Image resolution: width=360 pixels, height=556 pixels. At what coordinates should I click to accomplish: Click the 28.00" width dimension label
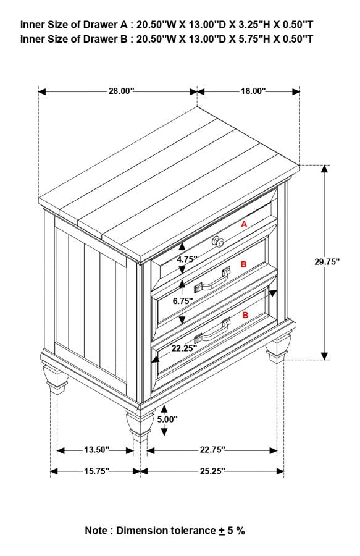click(x=121, y=91)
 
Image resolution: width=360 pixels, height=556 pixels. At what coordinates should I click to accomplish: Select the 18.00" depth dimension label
click(x=253, y=91)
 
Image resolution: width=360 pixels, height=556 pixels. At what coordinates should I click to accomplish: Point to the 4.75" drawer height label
click(x=186, y=259)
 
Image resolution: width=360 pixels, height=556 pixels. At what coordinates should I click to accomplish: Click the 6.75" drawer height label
click(x=183, y=301)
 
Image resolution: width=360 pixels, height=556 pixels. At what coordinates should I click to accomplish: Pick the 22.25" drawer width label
click(x=184, y=348)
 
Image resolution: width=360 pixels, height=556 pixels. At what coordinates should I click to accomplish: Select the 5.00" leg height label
click(x=167, y=419)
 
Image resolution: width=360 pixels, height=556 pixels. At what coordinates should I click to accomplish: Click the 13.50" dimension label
click(x=96, y=450)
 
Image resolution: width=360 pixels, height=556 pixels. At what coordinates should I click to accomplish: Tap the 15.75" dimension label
click(x=96, y=471)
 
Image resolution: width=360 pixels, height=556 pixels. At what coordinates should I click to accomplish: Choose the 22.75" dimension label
click(x=212, y=450)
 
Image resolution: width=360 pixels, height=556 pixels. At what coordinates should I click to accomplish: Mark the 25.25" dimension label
click(x=212, y=471)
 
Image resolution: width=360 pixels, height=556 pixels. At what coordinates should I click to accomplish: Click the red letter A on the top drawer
click(x=244, y=225)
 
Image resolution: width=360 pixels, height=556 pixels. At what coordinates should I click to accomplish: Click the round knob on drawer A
click(x=218, y=242)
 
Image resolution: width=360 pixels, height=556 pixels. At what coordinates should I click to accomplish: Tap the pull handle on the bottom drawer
click(x=212, y=331)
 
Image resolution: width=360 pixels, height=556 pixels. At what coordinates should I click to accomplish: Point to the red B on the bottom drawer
click(x=245, y=315)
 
